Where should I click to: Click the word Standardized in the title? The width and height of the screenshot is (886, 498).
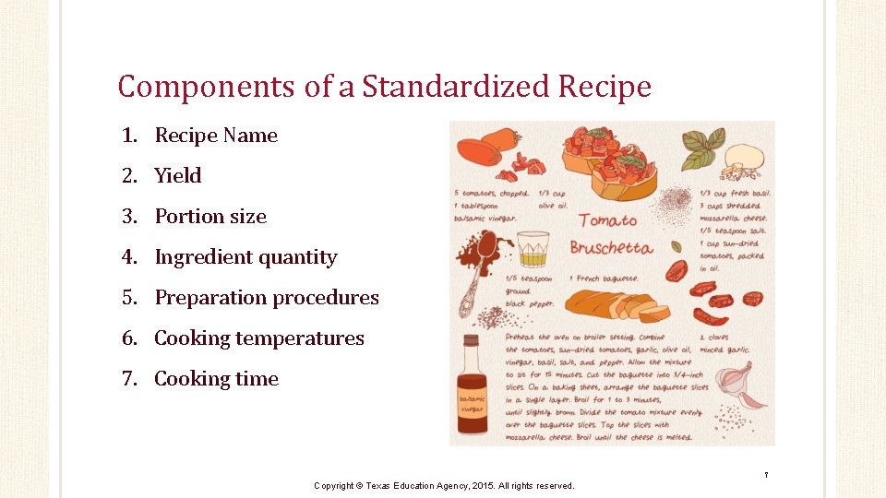(456, 87)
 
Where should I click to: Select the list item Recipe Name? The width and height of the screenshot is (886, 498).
(216, 136)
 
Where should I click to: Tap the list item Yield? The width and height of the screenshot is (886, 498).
(178, 176)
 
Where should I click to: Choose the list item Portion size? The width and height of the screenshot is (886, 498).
(210, 217)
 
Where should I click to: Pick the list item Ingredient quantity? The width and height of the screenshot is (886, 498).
(245, 257)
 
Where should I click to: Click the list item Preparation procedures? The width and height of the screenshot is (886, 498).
(267, 298)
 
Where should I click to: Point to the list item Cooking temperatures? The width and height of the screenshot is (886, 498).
(259, 338)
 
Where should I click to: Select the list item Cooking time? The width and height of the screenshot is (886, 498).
(216, 379)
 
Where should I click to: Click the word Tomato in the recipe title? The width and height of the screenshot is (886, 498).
(607, 220)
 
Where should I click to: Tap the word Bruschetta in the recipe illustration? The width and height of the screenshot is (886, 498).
(611, 247)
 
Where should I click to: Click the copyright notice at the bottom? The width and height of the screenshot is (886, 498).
(444, 485)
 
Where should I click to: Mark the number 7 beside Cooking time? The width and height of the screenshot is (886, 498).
(129, 379)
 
